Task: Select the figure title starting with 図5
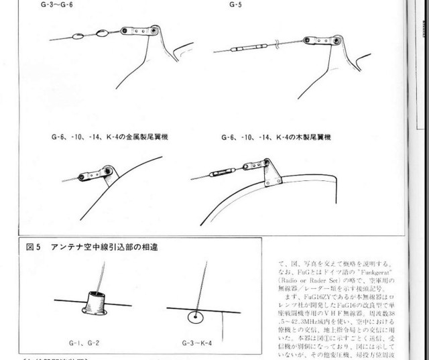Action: (x=87, y=246)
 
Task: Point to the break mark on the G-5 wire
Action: (x=275, y=45)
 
